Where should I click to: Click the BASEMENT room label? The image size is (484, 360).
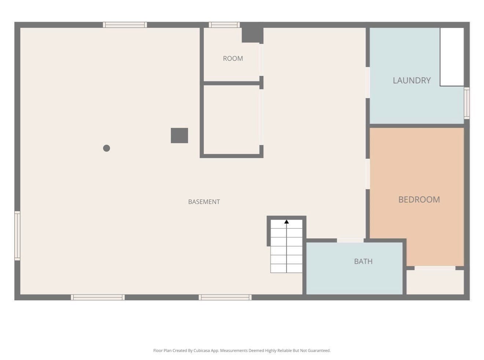coord(204,202)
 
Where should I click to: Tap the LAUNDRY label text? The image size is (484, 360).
coord(411,81)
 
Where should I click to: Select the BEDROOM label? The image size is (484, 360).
coord(419,200)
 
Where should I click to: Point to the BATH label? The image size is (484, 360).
coord(363,261)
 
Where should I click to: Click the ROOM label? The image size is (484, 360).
coord(233,59)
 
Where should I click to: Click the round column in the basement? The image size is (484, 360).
coord(106,148)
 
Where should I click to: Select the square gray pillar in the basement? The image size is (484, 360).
coord(179,136)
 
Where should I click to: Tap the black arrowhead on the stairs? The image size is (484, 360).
coord(286,222)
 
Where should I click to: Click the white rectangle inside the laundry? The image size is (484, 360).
coord(452,57)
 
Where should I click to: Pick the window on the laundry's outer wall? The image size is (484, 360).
coord(466,103)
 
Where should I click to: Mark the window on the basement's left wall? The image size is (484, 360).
coord(18,236)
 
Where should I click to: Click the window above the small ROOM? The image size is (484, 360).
coord(224,25)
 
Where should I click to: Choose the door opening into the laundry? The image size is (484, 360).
coord(368,82)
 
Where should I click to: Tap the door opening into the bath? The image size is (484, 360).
coord(350,240)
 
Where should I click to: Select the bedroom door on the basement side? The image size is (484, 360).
coord(368,174)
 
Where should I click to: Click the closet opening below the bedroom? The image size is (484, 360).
coord(435,268)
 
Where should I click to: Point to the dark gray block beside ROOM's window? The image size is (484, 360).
coord(253,35)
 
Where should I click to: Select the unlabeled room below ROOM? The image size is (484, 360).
coord(232,120)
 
